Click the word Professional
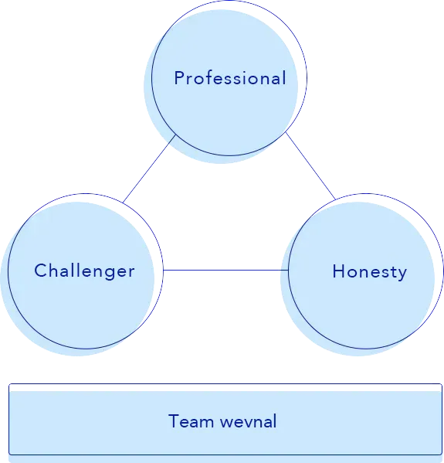(229, 78)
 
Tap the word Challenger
(84, 271)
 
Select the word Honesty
(369, 271)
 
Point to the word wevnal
(248, 421)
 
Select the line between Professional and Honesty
(310, 165)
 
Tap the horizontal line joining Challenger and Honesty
(225, 270)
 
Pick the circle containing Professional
(224, 108)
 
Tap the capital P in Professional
(179, 78)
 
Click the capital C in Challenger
(40, 271)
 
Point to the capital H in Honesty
(338, 271)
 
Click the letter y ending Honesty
(402, 274)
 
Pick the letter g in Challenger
(112, 274)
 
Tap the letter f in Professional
(211, 77)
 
